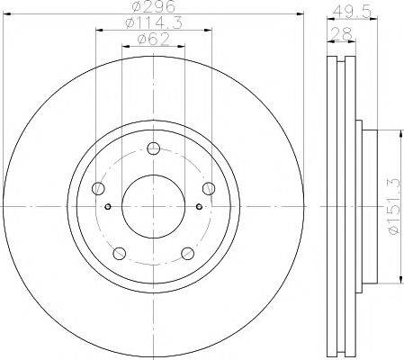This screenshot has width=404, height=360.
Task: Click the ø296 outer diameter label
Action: (154, 6)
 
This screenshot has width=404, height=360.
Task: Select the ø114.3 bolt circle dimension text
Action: (154, 22)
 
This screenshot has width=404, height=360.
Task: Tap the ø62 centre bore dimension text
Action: (154, 39)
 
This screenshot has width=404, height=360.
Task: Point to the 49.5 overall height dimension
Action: (352, 12)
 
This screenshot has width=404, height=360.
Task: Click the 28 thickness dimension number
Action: (342, 34)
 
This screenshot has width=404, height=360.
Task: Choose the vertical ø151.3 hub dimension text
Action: (394, 206)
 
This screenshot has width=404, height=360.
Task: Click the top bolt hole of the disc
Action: (154, 148)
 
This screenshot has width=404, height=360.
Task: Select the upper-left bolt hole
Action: (98, 188)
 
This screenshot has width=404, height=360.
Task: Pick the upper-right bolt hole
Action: (209, 188)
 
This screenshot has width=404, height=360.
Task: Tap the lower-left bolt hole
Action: (120, 254)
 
